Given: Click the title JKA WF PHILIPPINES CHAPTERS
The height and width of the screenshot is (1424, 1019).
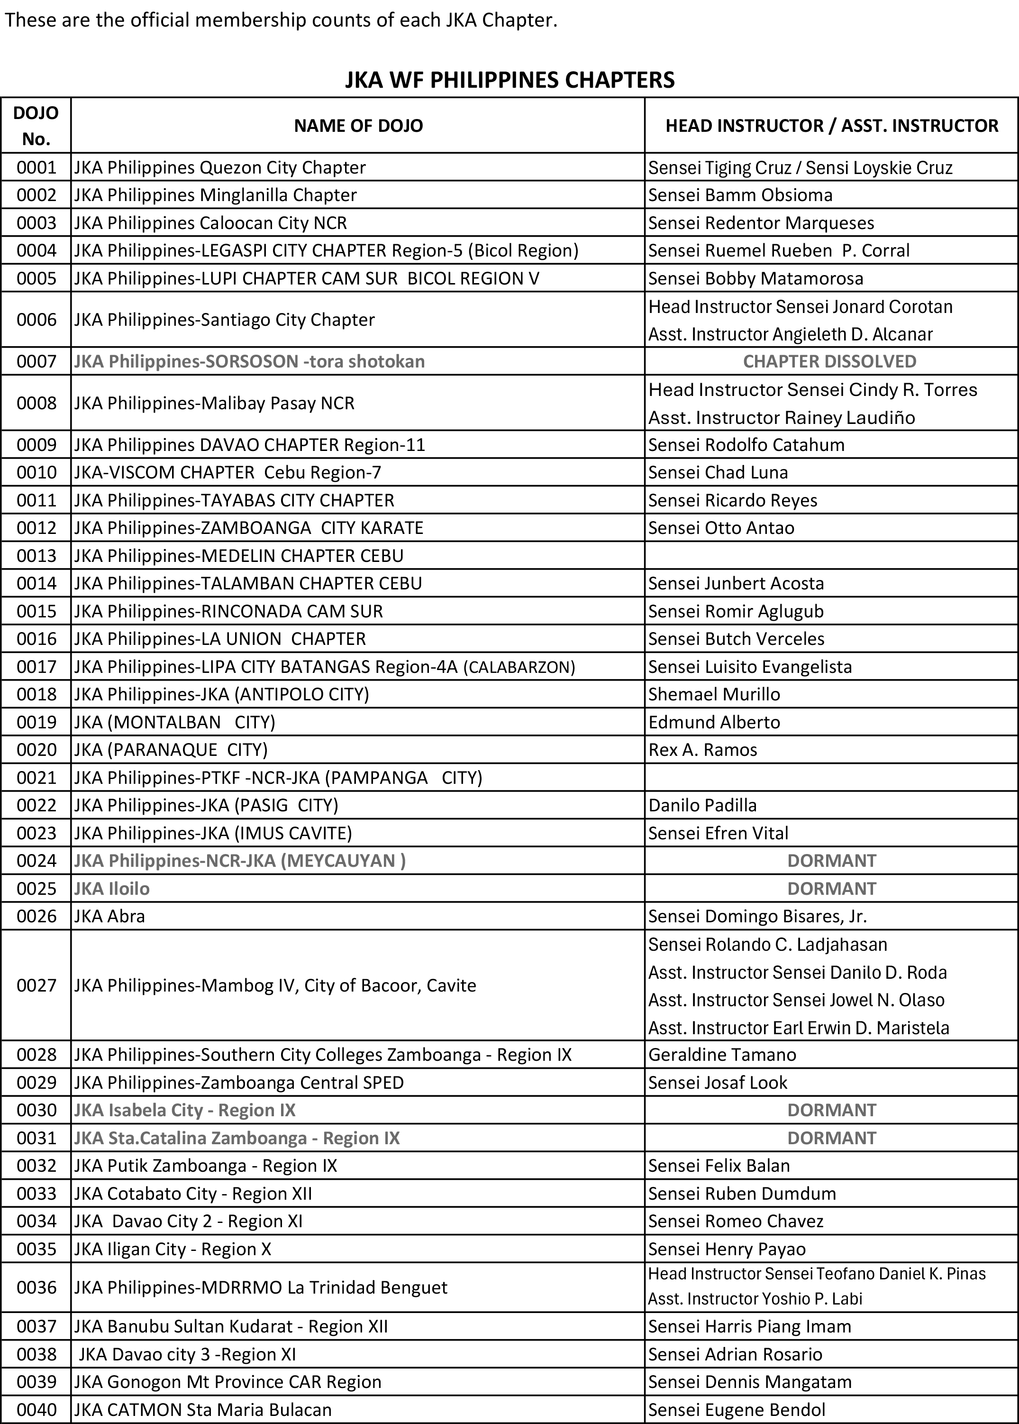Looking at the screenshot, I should pos(509,80).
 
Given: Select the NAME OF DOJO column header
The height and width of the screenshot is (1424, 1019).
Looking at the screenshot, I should pos(358,126).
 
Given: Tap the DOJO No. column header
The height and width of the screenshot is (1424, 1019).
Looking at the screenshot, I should pos(36,126).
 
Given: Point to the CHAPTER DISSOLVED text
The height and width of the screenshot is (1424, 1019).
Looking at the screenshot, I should pos(829,361).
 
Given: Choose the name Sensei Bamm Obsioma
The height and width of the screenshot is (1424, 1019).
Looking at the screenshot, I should pos(740,195).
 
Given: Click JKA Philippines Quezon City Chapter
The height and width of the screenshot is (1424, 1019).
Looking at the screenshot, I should pos(219,167).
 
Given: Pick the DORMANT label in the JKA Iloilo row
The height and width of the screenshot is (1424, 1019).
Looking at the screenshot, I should pos(831,889).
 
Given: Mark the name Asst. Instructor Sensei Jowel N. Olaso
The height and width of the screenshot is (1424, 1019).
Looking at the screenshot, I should pos(796,1000).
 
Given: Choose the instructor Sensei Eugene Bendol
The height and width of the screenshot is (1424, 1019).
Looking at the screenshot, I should pos(737,1410).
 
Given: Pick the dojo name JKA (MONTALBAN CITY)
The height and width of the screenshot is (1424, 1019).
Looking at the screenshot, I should pos(175,722).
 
